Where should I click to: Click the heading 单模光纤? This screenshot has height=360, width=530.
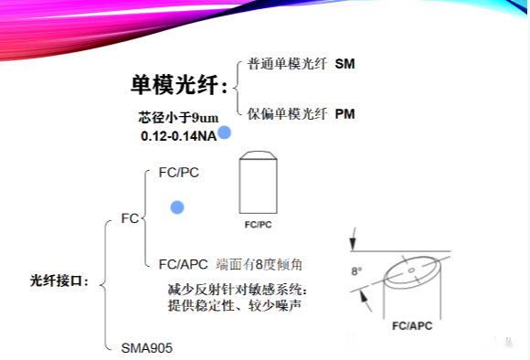click(x=178, y=85)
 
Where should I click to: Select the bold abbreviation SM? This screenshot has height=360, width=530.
click(x=344, y=64)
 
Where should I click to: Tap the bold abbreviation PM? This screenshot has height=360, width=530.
click(x=344, y=114)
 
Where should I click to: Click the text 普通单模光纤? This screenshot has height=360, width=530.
click(x=287, y=64)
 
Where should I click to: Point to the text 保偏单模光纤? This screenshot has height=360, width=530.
click(x=287, y=114)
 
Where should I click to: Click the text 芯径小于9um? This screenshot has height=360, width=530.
click(x=178, y=118)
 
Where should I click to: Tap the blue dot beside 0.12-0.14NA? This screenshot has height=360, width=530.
click(x=224, y=133)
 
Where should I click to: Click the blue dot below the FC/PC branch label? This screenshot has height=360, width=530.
click(x=177, y=207)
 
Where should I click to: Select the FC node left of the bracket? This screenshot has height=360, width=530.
click(x=130, y=219)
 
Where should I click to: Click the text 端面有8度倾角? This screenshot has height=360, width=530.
click(x=260, y=264)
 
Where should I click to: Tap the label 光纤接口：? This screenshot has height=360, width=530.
click(x=60, y=281)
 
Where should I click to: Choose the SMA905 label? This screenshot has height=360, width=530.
click(x=147, y=347)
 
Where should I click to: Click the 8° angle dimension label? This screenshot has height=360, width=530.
click(x=358, y=271)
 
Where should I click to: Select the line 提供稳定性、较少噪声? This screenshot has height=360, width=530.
click(x=237, y=305)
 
